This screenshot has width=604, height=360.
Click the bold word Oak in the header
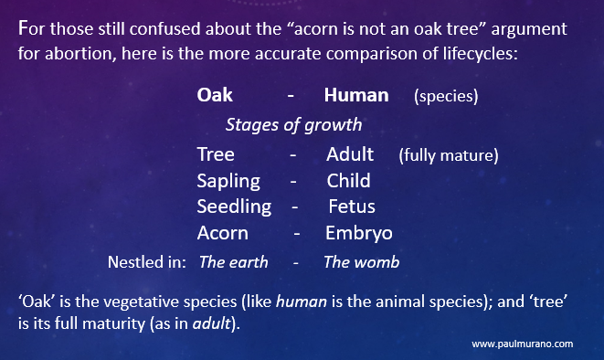tap(215, 95)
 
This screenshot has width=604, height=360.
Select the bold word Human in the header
tap(356, 95)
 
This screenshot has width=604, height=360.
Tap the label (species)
tap(446, 96)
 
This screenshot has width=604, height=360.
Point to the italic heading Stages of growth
tap(293, 124)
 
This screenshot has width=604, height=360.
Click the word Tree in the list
tap(216, 154)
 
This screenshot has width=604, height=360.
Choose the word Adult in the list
tap(350, 154)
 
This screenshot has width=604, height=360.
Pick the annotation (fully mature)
tap(448, 155)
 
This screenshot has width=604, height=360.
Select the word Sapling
tap(228, 181)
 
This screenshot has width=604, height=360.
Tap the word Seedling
tap(234, 206)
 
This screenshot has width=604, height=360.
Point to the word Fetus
tap(352, 206)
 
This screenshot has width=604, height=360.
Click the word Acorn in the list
tap(222, 233)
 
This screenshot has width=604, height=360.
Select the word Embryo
tap(358, 233)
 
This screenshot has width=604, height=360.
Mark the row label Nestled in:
tap(147, 262)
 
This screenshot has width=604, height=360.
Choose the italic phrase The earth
tap(234, 262)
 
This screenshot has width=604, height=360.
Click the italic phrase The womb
tap(361, 262)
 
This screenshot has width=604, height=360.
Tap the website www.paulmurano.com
tap(523, 344)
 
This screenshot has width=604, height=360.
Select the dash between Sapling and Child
tap(293, 181)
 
